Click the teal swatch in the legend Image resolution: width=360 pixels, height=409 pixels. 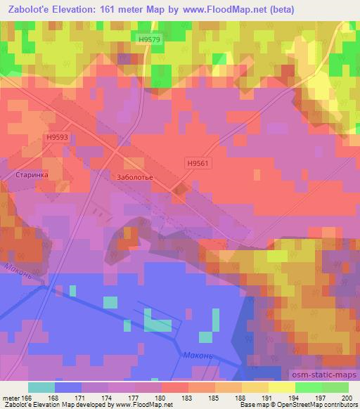click(41, 387)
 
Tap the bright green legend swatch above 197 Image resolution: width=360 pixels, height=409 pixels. click(308, 387)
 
